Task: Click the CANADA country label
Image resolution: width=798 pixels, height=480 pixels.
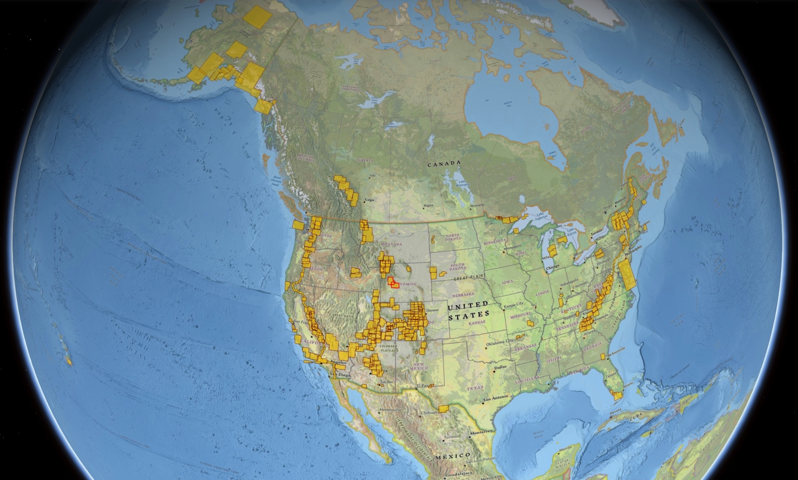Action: click(444, 164)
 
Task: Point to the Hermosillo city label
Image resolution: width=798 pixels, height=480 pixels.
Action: click(390, 409)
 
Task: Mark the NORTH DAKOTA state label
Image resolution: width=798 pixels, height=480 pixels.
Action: click(453, 237)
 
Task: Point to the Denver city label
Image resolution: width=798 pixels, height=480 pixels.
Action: click(432, 310)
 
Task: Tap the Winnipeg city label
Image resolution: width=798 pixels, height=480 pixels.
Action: click(477, 205)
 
